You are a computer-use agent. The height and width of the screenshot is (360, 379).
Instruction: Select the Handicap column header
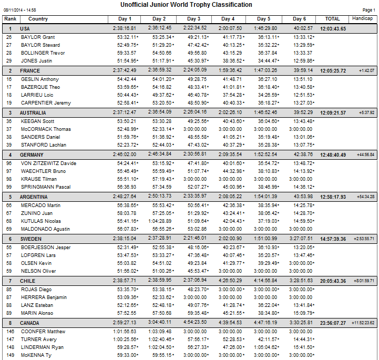363,19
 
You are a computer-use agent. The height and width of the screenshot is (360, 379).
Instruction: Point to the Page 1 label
368,10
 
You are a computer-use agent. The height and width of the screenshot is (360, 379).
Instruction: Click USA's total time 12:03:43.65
333,28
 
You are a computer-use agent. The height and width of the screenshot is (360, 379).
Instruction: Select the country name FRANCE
30,70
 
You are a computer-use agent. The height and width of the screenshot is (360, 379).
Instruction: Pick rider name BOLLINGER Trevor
43,53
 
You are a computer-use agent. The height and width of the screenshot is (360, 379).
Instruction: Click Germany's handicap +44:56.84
365,155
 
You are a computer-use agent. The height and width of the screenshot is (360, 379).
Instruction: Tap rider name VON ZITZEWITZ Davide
48,163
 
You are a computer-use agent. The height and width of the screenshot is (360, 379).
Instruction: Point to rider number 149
9,356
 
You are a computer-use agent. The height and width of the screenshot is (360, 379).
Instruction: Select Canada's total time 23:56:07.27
333,323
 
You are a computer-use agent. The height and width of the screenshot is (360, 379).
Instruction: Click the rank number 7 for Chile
9,281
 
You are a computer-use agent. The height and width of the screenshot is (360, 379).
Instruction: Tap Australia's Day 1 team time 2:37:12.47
125,112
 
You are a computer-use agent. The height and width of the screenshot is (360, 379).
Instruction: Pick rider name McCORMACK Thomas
46,129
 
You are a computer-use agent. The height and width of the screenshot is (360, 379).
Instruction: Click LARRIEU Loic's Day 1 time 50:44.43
128,95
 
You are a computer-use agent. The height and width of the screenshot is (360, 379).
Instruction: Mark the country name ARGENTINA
34,197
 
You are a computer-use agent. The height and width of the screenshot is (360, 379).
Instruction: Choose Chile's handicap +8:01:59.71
364,281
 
